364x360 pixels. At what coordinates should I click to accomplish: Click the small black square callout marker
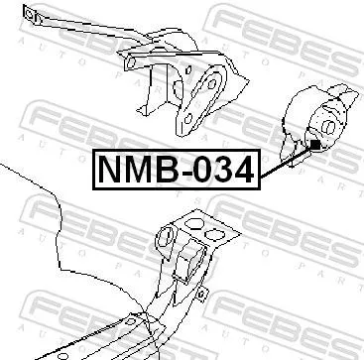pyautogui.click(x=314, y=146)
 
